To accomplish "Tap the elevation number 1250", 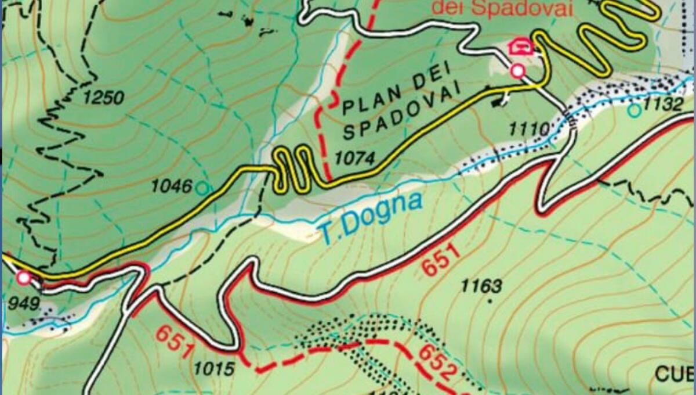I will (103, 98).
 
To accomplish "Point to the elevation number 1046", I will (172, 186).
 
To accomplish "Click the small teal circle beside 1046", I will (202, 188).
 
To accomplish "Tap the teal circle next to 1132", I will (636, 109).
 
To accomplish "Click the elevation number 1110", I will (528, 129).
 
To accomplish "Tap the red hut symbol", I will (521, 46).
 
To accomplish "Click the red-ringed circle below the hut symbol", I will (517, 71).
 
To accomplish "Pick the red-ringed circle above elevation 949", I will (24, 278).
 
